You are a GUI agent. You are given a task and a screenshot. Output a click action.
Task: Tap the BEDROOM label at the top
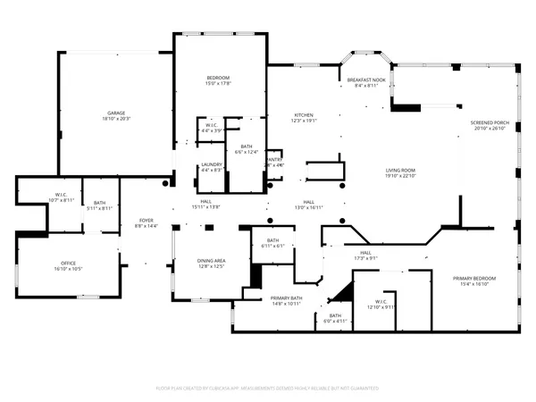tap(219, 79)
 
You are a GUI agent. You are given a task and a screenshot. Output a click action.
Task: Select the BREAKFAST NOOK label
tap(366, 80)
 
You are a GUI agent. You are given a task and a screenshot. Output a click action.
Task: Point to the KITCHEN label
tap(306, 115)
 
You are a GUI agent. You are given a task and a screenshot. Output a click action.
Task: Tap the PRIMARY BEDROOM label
tap(474, 278)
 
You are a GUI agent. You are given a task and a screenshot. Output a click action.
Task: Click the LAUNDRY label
tap(212, 164)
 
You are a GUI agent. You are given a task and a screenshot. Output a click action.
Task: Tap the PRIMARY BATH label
tap(286, 297)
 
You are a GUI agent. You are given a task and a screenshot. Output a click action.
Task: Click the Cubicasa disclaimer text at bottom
tap(268, 389)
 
